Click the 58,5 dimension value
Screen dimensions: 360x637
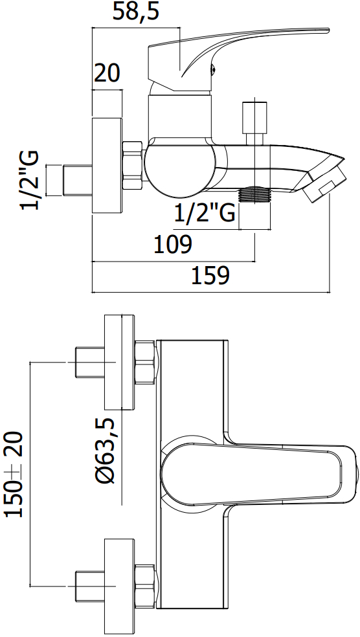pyautogui.click(x=135, y=12)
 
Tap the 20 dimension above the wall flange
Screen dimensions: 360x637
pyautogui.click(x=107, y=74)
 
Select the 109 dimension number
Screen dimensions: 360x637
pyautogui.click(x=173, y=244)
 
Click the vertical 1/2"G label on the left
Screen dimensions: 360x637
pyautogui.click(x=30, y=180)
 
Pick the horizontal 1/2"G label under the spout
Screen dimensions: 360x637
pyautogui.click(x=205, y=213)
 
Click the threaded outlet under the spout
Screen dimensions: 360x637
pyautogui.click(x=254, y=194)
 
